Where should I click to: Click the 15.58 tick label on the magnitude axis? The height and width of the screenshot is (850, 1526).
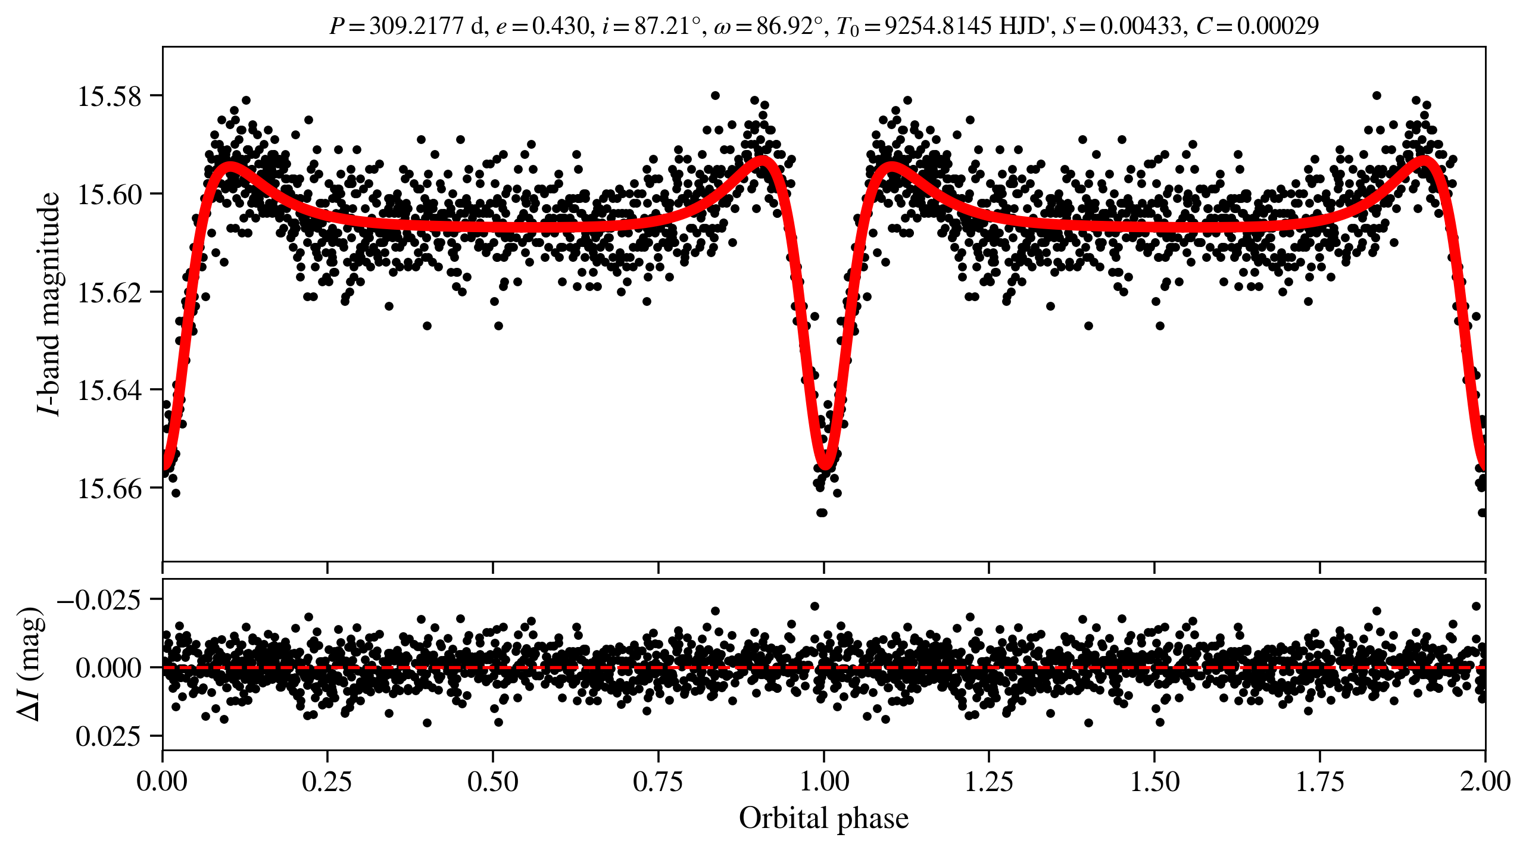[x=110, y=96]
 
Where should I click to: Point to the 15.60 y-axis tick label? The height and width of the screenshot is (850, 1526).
[x=110, y=194]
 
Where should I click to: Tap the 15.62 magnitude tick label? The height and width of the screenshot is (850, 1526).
[x=110, y=292]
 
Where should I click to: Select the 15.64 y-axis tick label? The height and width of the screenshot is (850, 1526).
[x=110, y=390]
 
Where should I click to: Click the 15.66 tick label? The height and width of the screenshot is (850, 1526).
[x=110, y=488]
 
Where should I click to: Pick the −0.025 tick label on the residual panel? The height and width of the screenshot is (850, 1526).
[x=99, y=599]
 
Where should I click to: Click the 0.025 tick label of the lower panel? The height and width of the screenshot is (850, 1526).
[x=108, y=736]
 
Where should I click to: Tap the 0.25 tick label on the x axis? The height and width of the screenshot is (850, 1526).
[x=327, y=781]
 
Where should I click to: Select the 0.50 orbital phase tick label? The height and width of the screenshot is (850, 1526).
[x=492, y=781]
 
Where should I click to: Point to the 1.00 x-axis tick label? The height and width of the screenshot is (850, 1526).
[x=823, y=781]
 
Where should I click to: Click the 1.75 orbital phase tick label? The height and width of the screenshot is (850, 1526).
[x=1319, y=781]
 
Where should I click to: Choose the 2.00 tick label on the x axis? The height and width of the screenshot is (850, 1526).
[x=1484, y=781]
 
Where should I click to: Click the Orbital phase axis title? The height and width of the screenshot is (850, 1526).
[x=823, y=818]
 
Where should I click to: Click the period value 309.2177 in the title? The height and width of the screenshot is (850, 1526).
[x=416, y=26]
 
